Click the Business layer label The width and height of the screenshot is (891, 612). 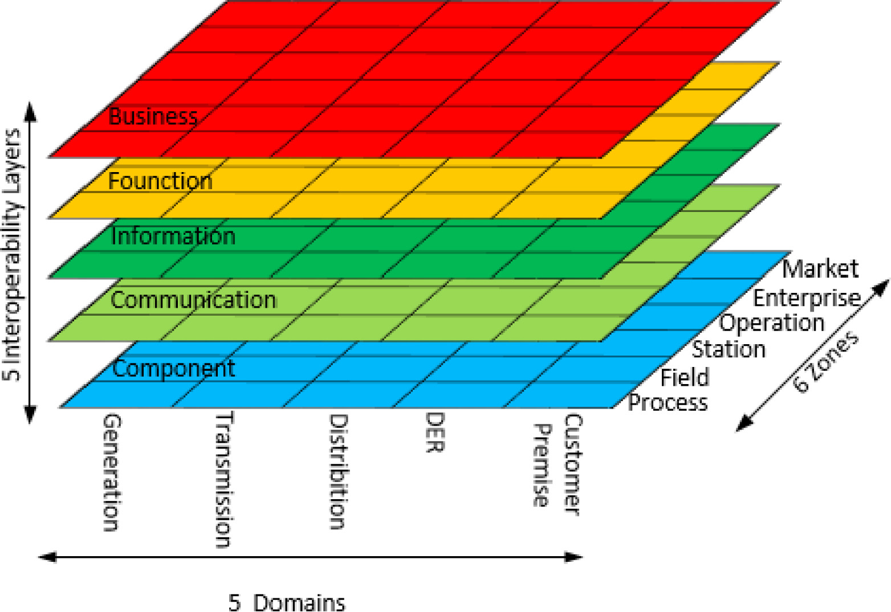coord(153,117)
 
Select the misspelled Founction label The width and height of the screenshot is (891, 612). coord(160,181)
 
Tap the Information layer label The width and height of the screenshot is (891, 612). coord(173,236)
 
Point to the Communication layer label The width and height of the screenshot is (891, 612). coord(193,300)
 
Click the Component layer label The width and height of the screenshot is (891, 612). coord(174,368)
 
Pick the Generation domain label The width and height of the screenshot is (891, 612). coord(111,472)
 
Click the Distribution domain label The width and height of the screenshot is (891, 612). coord(338,472)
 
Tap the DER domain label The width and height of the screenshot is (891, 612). coord(434,433)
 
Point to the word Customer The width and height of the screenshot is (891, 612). coord(572,464)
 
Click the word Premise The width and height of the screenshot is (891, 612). coord(542,465)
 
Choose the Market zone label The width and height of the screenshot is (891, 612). coord(820,268)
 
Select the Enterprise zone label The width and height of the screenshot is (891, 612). coord(806,297)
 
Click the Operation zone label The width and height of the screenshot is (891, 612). coord(771,323)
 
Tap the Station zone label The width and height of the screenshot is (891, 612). coord(728,349)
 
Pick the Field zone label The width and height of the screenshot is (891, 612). coord(685,377)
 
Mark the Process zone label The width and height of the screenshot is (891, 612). coord(668,402)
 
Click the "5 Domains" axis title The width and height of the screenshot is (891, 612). coord(287,602)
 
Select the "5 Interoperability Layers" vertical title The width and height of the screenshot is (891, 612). coord(13,254)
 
